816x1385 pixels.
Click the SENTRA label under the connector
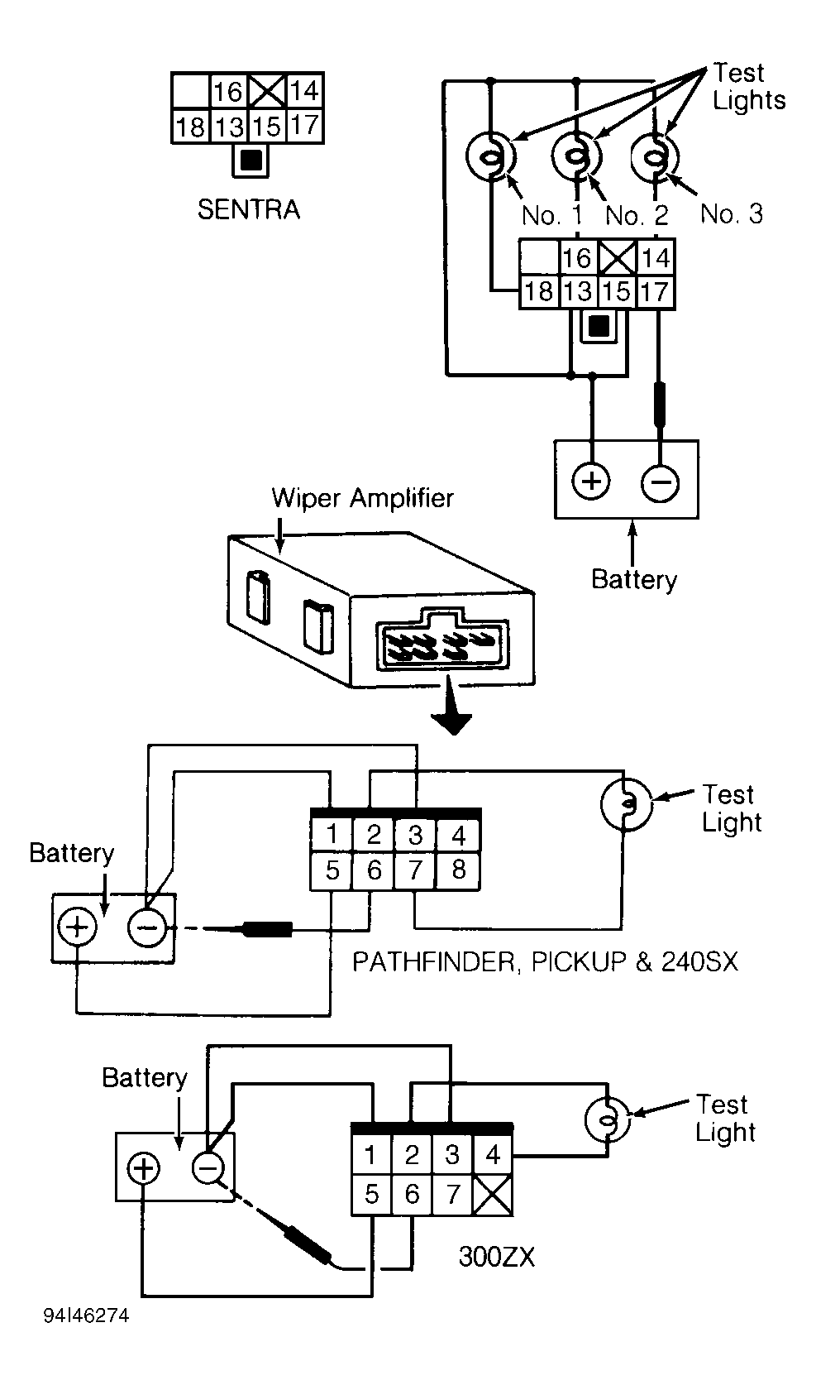[248, 209]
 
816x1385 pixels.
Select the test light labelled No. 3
[655, 156]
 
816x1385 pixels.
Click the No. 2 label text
[637, 215]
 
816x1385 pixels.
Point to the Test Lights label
[749, 87]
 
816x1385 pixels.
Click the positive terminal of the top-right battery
[591, 481]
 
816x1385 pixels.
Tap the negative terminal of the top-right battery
[661, 482]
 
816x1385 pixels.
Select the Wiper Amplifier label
[363, 498]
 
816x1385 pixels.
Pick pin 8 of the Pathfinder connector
[458, 870]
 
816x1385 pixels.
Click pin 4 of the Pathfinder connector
[458, 836]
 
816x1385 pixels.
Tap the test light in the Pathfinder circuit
[626, 804]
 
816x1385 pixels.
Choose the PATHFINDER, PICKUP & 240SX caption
[545, 962]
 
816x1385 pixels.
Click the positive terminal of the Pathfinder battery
[77, 927]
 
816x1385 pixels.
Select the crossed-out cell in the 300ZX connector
[492, 1195]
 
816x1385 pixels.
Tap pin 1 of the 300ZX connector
[370, 1155]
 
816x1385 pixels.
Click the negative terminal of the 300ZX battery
[208, 1168]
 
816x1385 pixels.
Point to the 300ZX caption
[497, 1257]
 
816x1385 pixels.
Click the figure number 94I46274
[87, 1316]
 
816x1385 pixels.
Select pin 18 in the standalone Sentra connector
[190, 127]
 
